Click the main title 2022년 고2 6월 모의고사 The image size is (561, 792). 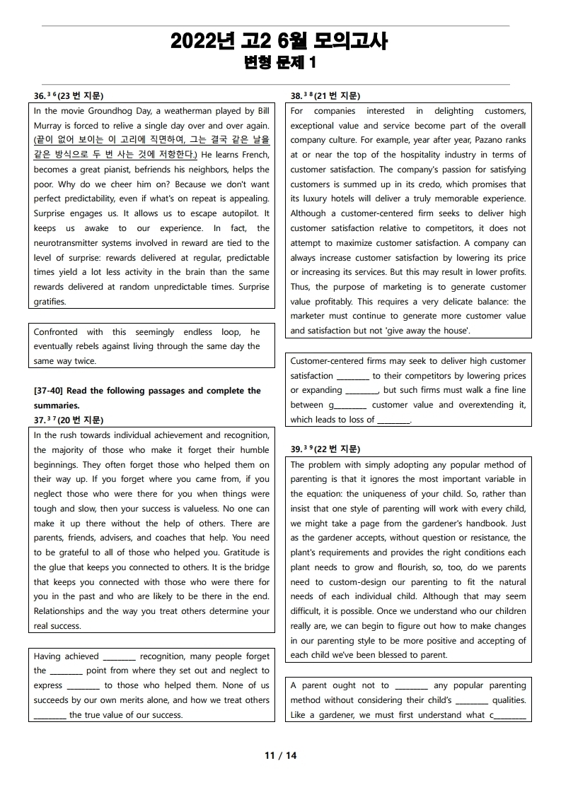[279, 42]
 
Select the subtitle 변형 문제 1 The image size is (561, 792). [279, 63]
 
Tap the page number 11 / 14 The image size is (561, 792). [280, 755]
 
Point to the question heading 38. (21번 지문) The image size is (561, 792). [325, 96]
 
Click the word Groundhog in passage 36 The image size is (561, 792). [117, 111]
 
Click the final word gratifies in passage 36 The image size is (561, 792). [50, 302]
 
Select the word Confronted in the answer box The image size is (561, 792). [56, 332]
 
